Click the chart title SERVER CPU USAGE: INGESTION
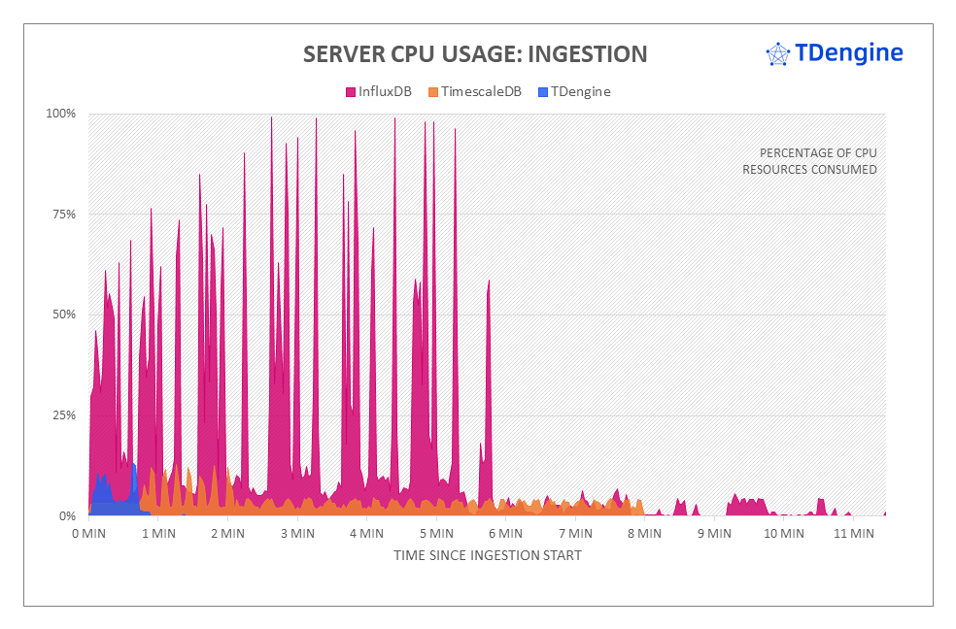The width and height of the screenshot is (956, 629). point(474,53)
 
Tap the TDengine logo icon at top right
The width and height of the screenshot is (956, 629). point(777,54)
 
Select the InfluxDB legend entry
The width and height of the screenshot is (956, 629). point(379,92)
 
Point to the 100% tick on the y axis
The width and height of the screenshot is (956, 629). point(61,114)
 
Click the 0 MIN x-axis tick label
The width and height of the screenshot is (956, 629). point(88,533)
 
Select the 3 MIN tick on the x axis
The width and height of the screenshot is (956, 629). point(297,533)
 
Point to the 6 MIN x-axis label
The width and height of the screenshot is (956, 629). point(506,533)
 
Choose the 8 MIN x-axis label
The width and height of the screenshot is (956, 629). point(645,533)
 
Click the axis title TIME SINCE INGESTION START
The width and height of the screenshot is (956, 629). point(488,555)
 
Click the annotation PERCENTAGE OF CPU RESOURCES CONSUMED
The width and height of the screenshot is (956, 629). point(810,161)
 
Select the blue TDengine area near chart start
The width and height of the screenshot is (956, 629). point(109,495)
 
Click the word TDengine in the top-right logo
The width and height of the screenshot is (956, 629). point(848,53)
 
